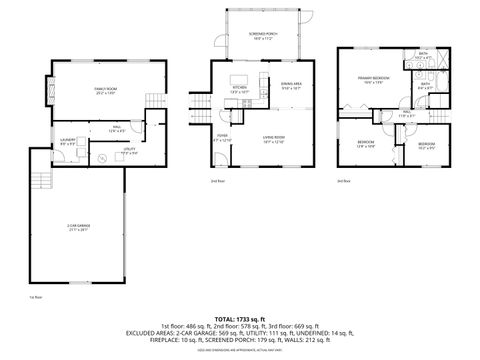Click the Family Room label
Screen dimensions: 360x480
(100, 90)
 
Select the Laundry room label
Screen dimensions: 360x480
(68, 142)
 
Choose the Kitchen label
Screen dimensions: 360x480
(239, 89)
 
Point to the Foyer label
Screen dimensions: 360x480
(222, 137)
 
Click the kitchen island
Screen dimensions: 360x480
(240, 77)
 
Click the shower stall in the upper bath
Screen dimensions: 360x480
(434, 59)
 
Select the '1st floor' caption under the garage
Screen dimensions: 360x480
(36, 297)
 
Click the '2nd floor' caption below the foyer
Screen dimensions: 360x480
(217, 180)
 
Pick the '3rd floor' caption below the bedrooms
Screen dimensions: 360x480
(343, 180)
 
